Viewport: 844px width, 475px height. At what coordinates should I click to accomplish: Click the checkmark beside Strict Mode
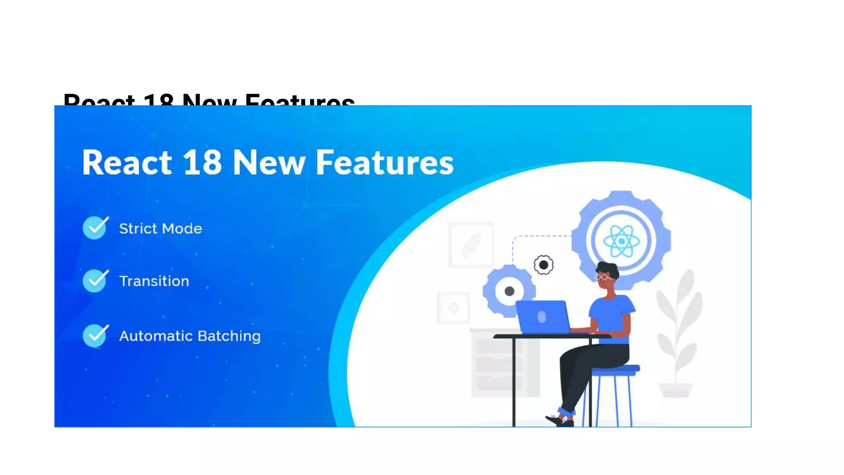click(95, 228)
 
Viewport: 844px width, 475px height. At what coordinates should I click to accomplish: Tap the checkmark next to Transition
click(95, 281)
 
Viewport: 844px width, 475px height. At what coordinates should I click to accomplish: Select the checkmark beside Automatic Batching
click(95, 336)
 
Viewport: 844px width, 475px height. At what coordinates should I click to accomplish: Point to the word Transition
click(154, 281)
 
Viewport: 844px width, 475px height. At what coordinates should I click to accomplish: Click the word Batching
click(229, 336)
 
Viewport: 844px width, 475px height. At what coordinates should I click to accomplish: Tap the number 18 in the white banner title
click(202, 162)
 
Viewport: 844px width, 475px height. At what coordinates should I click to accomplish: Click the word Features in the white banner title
click(384, 162)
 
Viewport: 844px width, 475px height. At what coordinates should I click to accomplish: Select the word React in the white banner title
click(127, 162)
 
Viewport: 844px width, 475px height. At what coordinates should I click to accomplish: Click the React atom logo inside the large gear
click(621, 241)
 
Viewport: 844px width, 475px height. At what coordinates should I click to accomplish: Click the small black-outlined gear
click(544, 265)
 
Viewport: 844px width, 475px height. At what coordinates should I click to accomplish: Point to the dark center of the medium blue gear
click(509, 291)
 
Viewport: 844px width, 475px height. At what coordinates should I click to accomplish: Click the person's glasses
click(603, 277)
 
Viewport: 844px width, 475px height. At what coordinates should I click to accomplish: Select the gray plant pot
click(675, 390)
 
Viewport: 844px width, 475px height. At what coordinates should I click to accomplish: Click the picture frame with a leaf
click(471, 245)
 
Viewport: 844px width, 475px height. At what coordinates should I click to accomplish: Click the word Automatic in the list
click(156, 336)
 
